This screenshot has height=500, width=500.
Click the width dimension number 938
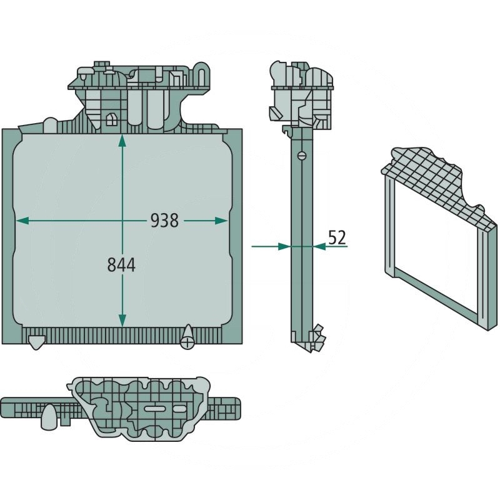(164, 221)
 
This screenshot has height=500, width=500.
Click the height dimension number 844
(121, 265)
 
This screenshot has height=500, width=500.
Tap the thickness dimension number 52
(337, 237)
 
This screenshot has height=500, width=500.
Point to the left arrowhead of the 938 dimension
(22, 221)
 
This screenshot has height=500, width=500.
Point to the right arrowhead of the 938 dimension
(221, 221)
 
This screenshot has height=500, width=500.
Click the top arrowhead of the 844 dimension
(122, 141)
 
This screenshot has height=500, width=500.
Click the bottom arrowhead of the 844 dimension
(122, 320)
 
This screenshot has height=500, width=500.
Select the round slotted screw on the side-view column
(302, 156)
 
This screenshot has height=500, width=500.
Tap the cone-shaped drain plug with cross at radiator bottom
(187, 337)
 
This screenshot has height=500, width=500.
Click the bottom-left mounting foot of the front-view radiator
(36, 342)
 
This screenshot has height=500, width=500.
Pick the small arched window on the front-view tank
(111, 119)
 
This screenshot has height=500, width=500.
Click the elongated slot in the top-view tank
(154, 409)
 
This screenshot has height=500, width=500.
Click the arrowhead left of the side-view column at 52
(284, 246)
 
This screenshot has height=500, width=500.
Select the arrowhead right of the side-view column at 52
(319, 246)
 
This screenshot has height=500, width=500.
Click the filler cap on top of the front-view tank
(102, 66)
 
